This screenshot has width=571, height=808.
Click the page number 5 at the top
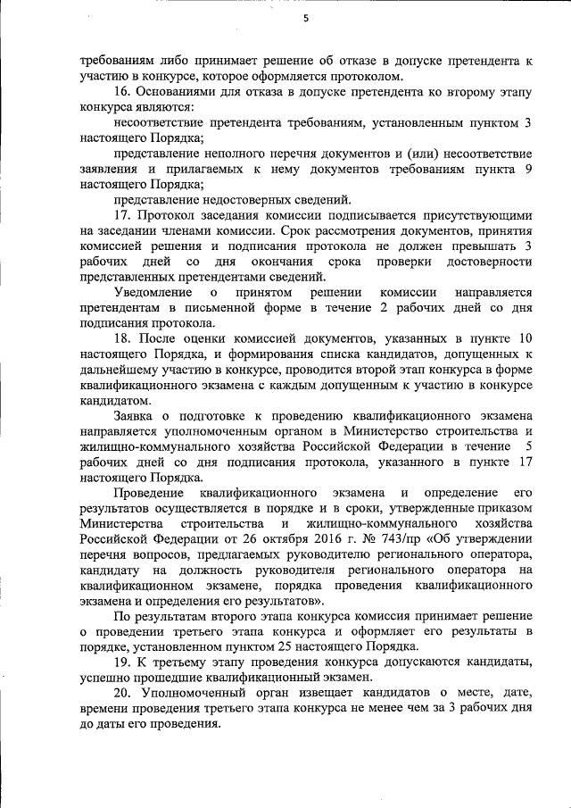click(305, 20)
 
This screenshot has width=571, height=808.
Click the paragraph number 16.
click(122, 92)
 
